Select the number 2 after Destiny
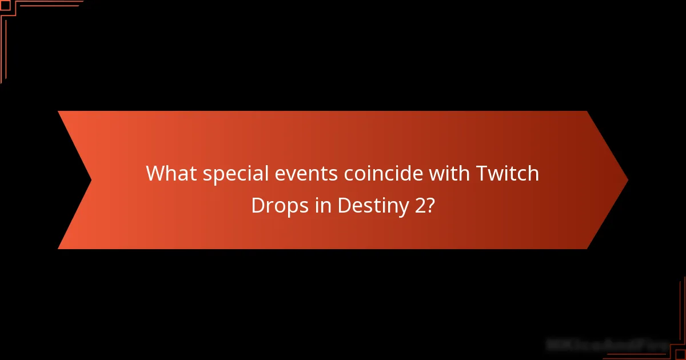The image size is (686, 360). pyautogui.click(x=421, y=206)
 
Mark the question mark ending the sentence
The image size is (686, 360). pyautogui.click(x=430, y=206)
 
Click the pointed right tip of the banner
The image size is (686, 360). pyautogui.click(x=627, y=180)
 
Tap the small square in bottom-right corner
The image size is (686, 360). pyautogui.click(x=681, y=355)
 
